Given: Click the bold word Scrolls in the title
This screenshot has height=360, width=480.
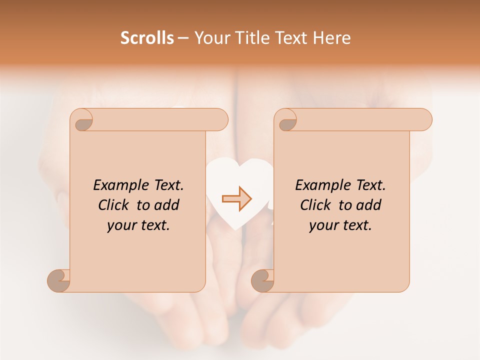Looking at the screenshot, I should point(147,38).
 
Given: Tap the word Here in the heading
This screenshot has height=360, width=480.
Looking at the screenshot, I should point(331,38).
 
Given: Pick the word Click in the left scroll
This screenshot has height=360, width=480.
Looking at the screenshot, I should point(114,205).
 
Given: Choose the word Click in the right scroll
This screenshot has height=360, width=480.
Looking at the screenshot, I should point(316,205).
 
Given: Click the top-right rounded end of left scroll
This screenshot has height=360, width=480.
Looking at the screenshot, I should point(220,119).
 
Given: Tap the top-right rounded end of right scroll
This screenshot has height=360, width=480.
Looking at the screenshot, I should point(424,119).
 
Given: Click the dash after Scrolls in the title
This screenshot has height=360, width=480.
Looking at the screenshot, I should point(183,38).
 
